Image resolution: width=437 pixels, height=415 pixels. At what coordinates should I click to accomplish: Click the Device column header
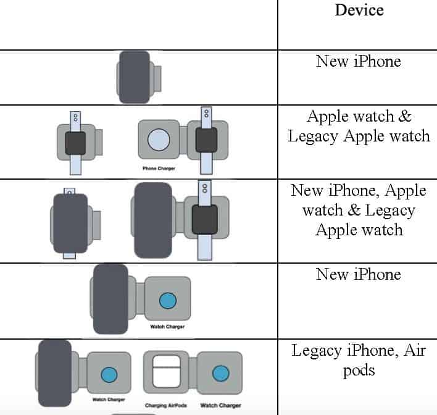[359, 10]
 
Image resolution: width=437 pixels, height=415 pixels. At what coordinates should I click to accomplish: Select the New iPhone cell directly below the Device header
[359, 61]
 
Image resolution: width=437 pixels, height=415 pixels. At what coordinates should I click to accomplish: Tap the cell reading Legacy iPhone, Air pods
[359, 361]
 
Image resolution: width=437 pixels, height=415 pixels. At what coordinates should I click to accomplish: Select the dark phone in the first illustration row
[134, 77]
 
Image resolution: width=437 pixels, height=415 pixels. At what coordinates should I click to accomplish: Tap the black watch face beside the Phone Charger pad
[206, 141]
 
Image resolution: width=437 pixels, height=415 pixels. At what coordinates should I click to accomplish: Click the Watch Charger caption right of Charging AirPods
[220, 406]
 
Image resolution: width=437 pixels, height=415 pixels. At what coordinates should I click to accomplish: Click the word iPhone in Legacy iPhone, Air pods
[363, 351]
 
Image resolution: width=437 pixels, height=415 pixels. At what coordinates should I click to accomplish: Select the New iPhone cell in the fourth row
[359, 274]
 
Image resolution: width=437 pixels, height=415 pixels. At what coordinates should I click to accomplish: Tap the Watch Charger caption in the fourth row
[168, 327]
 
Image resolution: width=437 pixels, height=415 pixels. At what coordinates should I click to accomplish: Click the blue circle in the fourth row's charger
[168, 301]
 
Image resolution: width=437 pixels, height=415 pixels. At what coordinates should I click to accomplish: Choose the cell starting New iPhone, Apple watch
[359, 210]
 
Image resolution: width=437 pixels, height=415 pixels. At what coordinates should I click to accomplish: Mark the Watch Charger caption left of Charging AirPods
[109, 400]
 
